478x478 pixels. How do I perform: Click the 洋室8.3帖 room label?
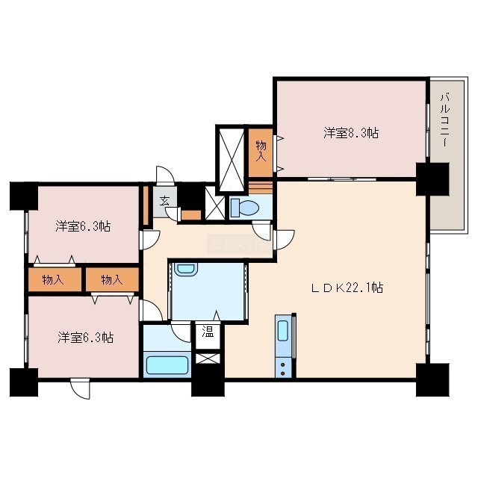coord(351,133)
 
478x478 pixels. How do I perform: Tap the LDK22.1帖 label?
coord(347,288)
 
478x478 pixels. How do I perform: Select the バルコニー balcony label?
coord(445,120)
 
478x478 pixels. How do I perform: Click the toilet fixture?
coord(245,208)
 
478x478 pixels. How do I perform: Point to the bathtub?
coord(167,365)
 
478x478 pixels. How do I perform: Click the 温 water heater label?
coord(208,332)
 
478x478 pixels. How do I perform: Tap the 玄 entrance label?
coord(164,201)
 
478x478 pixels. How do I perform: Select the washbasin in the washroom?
coord(186,269)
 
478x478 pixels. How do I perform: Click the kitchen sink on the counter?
coord(283,330)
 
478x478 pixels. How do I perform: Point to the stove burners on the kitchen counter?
coord(283,368)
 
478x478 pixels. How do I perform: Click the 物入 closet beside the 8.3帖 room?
coord(261,153)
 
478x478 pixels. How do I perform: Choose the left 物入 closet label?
coord(53,279)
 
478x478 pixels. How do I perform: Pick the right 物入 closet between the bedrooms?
coord(112,279)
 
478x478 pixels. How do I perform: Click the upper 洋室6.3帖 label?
coord(83,227)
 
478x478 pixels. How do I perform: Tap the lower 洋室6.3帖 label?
coord(86,338)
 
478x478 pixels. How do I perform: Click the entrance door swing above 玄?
coord(165,176)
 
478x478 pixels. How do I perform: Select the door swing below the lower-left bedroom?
coord(80,388)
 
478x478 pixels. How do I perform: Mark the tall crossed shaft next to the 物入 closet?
coord(232,160)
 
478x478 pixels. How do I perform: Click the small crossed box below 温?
coord(208,358)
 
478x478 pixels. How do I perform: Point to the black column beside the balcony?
coord(432,179)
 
